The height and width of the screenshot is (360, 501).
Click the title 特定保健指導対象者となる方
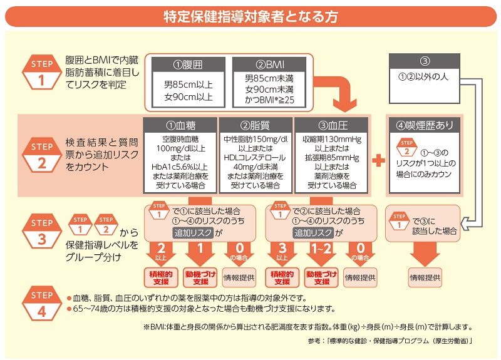250,16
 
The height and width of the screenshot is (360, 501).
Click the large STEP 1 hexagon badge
42,72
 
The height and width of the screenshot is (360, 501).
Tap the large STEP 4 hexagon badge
42,302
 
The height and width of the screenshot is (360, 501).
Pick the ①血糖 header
180,125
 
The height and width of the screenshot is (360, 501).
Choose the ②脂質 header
254,125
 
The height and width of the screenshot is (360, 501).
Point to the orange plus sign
378,160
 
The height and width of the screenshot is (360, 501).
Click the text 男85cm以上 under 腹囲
189,85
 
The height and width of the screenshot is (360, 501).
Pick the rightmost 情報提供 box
425,276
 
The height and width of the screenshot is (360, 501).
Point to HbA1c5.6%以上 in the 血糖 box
180,168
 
